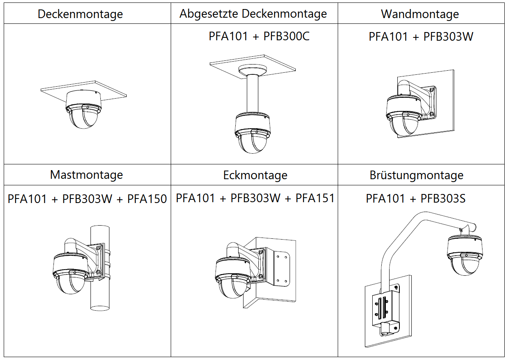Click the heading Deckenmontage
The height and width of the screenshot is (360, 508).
click(x=80, y=14)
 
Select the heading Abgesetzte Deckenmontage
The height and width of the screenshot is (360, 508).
click(x=253, y=14)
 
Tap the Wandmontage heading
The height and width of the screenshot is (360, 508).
click(x=420, y=14)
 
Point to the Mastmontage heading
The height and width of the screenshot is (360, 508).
click(x=86, y=175)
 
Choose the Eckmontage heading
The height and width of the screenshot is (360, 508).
click(x=255, y=175)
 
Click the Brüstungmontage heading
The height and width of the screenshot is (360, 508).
click(x=416, y=175)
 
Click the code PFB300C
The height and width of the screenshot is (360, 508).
click(x=286, y=37)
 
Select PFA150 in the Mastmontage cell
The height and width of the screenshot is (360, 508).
click(x=147, y=199)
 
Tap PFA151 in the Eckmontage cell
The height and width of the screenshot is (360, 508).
click(x=315, y=198)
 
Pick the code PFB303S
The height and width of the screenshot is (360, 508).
click(x=443, y=199)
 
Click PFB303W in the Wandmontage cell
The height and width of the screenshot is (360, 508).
click(x=448, y=37)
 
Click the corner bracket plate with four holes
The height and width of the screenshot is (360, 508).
click(x=283, y=268)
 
